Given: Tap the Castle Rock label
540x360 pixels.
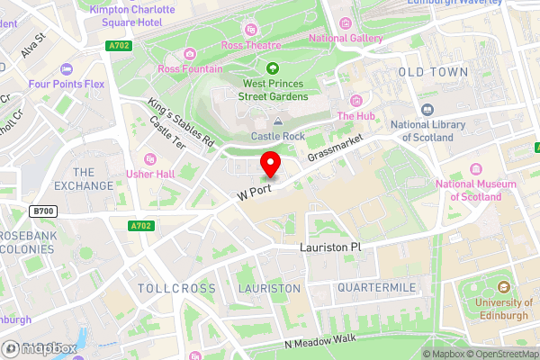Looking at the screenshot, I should point(277,136).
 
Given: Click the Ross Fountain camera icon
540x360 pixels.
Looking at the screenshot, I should point(190,54).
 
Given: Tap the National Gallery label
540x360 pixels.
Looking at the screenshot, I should point(346,38).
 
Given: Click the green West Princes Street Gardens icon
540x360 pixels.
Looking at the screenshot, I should point(273,67).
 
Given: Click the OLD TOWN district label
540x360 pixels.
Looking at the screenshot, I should point(433,71).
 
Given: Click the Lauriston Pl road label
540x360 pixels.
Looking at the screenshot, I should point(329,247).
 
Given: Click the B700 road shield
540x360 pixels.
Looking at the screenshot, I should point(40,211).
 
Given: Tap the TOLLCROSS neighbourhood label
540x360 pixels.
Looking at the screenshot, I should point(177,288).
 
